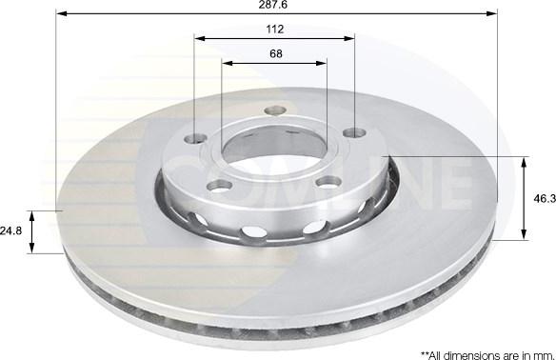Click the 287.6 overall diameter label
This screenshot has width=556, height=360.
coord(276,6)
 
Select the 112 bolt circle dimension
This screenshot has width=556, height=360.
coord(276,30)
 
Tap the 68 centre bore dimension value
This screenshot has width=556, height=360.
coord(275,53)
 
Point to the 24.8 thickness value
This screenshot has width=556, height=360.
coord(10,230)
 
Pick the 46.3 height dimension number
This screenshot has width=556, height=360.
coord(545,198)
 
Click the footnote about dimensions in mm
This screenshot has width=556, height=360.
coord(482,351)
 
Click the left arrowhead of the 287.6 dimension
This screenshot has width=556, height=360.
coord(61,13)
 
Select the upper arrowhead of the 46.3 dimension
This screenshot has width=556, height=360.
coord(525,161)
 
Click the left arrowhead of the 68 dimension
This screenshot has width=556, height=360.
coord(227,63)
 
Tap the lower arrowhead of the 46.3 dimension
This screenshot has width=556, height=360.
coord(525,234)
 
